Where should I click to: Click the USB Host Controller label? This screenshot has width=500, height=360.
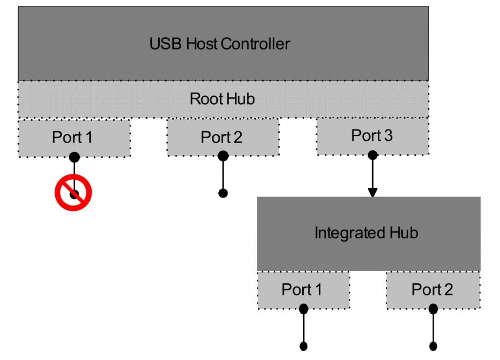[220, 44]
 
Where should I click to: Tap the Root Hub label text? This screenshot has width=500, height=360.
[222, 99]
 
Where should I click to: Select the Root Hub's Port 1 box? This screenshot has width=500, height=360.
[74, 138]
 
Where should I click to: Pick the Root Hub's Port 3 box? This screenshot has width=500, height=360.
[373, 136]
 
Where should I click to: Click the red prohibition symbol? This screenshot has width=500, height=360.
[73, 193]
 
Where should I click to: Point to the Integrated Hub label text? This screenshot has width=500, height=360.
[366, 233]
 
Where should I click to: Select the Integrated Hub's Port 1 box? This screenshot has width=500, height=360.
[303, 290]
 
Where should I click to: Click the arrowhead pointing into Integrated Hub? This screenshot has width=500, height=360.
[373, 192]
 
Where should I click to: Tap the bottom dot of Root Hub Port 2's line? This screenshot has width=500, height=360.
[223, 193]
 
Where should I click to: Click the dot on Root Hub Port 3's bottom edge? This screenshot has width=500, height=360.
[373, 155]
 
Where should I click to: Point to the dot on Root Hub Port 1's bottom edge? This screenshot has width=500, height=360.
[74, 157]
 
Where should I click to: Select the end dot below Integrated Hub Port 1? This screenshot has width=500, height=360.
[303, 346]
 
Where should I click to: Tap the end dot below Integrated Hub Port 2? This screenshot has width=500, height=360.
[433, 346]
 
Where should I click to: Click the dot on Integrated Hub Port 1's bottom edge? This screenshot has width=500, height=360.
[303, 309]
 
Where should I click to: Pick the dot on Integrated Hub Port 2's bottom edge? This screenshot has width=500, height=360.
[433, 309]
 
